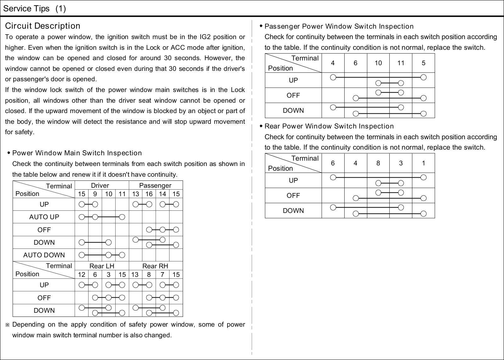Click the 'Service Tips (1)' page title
tap(34, 9)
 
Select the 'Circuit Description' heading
tap(43, 26)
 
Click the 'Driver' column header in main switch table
tap(100, 186)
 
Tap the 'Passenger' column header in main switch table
tap(155, 186)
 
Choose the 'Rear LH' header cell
tap(102, 266)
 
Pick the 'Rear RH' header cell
tap(155, 266)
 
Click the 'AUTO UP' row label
tap(44, 217)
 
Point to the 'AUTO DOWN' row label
tap(44, 255)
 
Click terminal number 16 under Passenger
tap(149, 194)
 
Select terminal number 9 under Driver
tap(95, 194)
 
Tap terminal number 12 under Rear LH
tap(82, 275)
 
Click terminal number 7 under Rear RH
tap(162, 275)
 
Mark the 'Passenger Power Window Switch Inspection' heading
tap(339, 26)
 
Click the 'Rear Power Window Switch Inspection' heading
tap(329, 126)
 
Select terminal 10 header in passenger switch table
tap(378, 63)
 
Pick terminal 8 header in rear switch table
tap(378, 163)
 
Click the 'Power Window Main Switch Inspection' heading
tap(77, 153)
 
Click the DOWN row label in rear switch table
tap(293, 211)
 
